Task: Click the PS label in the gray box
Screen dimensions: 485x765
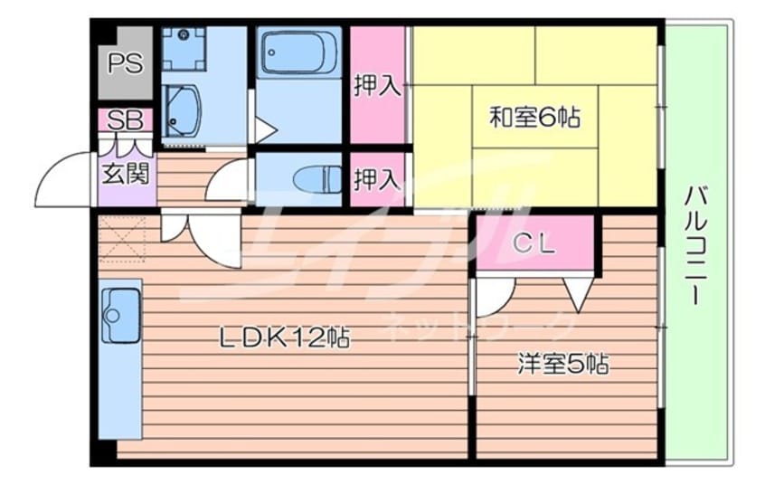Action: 124,63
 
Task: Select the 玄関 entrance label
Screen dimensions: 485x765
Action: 124,172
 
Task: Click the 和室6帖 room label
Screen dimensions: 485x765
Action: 534,118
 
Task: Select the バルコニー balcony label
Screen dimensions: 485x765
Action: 696,245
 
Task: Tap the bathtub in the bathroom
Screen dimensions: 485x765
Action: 297,54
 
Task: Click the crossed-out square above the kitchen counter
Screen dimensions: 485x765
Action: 122,239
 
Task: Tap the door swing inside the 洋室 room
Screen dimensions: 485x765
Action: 494,295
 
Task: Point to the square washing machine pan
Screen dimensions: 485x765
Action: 184,48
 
